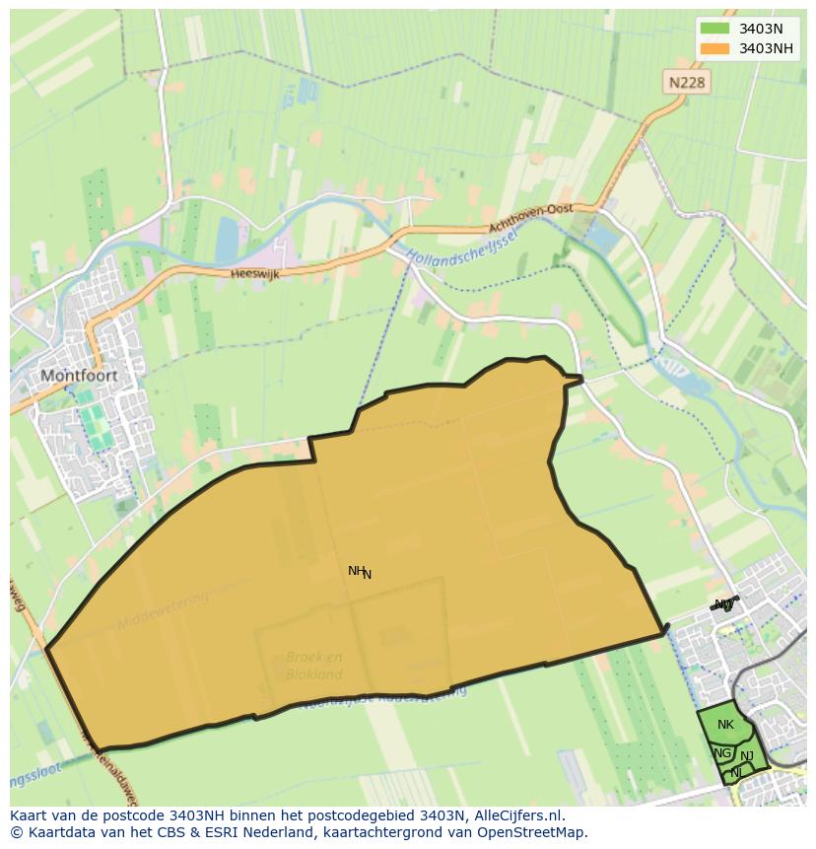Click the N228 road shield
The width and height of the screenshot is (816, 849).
[686, 83]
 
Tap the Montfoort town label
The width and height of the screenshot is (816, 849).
[79, 376]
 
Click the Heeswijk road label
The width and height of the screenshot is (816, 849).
[254, 274]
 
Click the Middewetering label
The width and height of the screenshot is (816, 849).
[163, 611]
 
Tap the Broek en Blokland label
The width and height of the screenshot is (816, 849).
[314, 666]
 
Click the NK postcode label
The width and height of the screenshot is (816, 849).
[725, 725]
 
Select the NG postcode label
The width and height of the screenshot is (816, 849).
[722, 753]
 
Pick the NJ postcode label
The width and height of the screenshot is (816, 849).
[747, 756]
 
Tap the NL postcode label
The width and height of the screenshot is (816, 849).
[736, 773]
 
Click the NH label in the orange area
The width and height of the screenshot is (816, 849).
[357, 570]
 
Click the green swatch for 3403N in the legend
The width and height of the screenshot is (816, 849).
[714, 29]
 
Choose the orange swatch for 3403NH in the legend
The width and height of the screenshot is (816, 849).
[714, 48]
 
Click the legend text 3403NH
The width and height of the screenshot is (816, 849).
[767, 48]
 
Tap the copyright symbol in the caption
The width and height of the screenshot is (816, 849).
[16, 832]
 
